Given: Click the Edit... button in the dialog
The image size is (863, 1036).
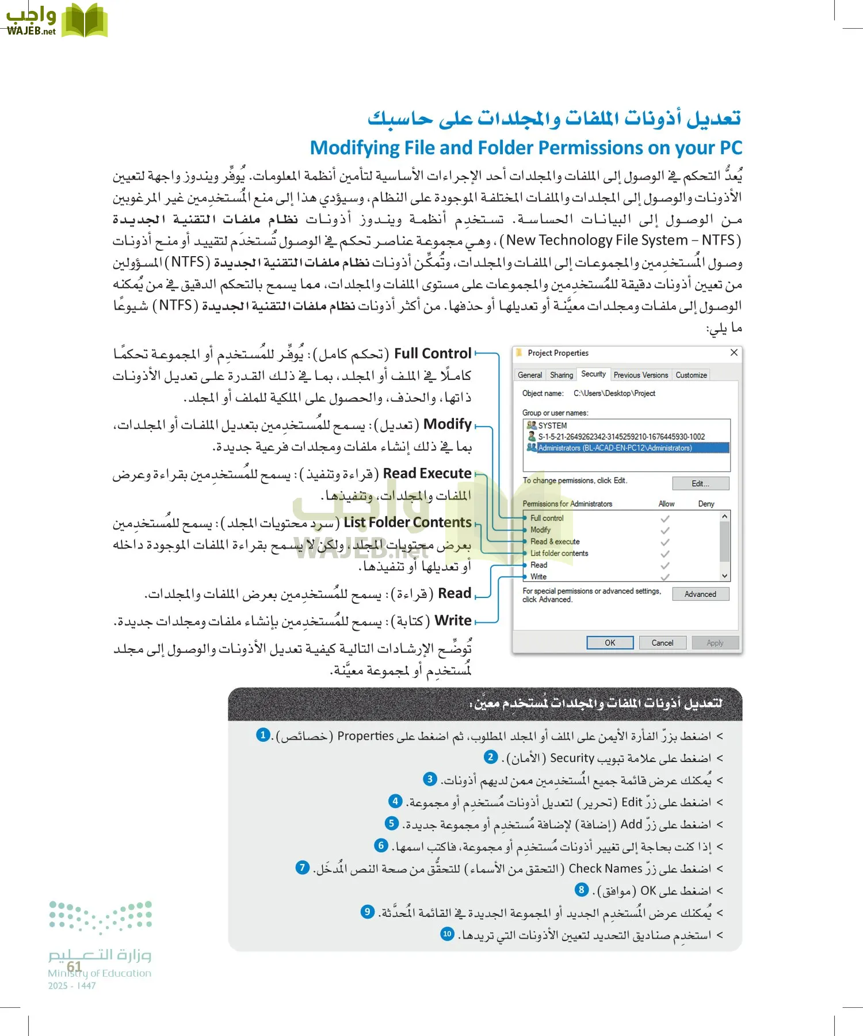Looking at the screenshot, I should click(700, 483).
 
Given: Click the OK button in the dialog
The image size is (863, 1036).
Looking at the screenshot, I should click(610, 643).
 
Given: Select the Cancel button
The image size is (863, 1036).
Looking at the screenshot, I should click(662, 643).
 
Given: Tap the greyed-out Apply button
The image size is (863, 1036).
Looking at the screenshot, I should click(715, 643).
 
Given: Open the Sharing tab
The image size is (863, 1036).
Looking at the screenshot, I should click(561, 375).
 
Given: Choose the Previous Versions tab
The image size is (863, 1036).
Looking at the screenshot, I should click(640, 375).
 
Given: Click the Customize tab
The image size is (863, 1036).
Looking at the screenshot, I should click(691, 375).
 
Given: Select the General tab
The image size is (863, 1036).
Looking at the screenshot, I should click(529, 375).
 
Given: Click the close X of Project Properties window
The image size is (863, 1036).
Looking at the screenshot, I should click(734, 353).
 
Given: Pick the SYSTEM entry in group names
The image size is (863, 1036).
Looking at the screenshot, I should click(552, 425).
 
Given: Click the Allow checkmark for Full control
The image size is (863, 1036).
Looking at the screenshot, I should click(665, 518).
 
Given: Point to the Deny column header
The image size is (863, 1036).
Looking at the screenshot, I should click(706, 504).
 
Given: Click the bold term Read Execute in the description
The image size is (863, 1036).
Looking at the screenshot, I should click(427, 473).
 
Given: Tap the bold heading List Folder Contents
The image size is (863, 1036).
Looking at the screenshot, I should click(407, 523).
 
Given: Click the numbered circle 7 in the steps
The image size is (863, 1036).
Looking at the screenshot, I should click(303, 867).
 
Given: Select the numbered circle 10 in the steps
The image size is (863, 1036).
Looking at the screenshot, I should click(447, 934).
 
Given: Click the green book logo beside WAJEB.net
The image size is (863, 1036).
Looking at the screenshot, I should click(84, 21).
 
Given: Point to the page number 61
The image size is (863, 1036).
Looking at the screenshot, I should click(74, 966).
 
